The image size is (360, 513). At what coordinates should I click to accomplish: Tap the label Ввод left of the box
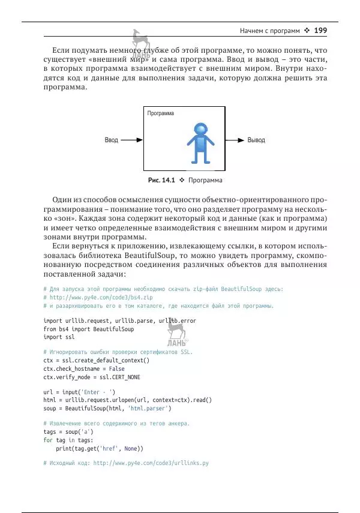[x=112, y=140]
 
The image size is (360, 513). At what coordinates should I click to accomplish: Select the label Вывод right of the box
[x=256, y=140]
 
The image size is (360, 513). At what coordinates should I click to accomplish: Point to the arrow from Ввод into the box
[x=131, y=140]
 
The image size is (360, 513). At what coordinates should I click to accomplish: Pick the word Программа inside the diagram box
[x=160, y=113]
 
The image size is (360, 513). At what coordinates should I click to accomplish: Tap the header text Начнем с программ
[x=267, y=30]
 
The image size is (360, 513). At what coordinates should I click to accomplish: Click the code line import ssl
[x=59, y=337]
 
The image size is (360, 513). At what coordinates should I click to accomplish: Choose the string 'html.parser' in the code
[x=149, y=408]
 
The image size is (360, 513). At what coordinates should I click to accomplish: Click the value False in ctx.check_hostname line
[x=115, y=368]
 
